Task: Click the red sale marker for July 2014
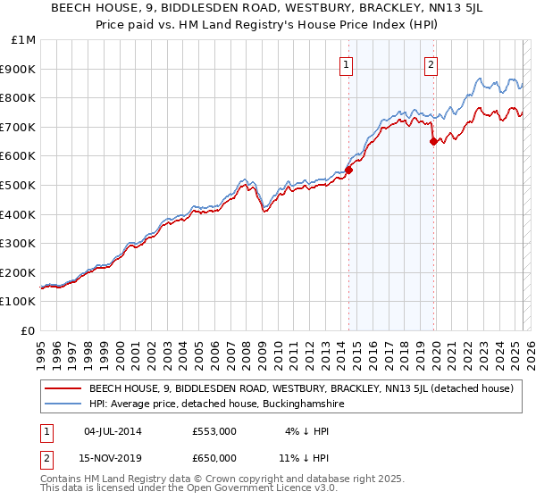[349, 170]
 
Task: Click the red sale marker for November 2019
[433, 141]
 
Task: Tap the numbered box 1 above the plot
[346, 63]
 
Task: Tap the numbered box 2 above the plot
[431, 63]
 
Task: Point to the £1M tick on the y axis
[24, 40]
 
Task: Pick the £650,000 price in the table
[214, 458]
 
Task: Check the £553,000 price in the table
[214, 431]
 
